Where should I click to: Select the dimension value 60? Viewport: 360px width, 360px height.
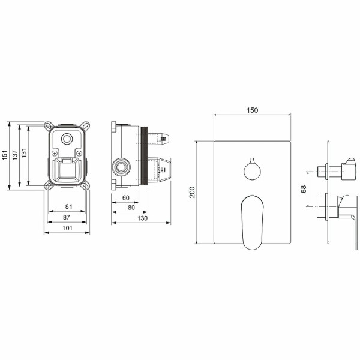(x=126, y=198)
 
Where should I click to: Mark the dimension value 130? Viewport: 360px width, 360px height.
(x=142, y=218)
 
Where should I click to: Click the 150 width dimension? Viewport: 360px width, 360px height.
(x=253, y=110)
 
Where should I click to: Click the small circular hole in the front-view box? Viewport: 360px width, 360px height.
(x=67, y=140)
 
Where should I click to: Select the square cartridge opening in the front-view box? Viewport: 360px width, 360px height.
(x=67, y=170)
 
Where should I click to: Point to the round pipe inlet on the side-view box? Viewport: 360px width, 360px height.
(x=123, y=165)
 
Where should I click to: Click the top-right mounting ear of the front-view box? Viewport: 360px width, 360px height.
(x=88, y=127)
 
